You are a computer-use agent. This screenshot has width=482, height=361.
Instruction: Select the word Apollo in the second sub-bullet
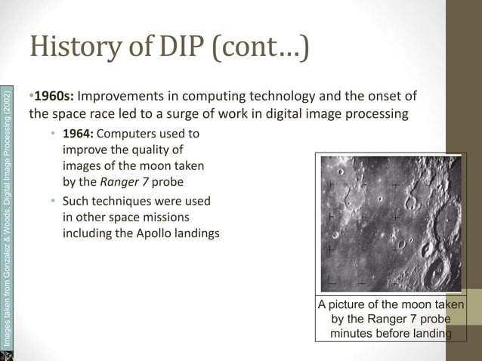(149, 233)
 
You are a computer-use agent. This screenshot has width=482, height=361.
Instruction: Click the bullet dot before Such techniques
(53, 201)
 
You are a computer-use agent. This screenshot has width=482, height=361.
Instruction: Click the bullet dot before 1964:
(53, 134)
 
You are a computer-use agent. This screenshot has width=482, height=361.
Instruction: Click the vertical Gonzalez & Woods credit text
(7, 219)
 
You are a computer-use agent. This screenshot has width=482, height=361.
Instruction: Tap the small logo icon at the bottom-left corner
(7, 354)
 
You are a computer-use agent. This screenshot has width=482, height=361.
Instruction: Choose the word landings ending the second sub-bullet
(196, 233)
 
